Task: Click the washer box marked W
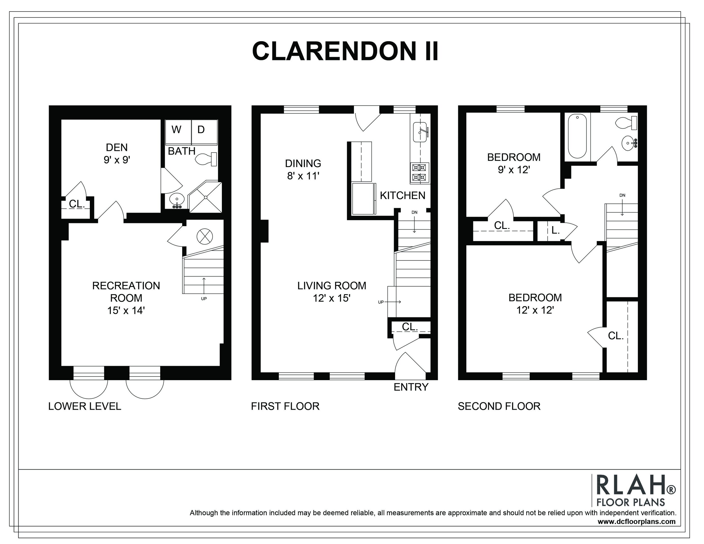[178, 132]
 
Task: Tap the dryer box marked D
[204, 132]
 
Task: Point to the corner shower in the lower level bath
[205, 197]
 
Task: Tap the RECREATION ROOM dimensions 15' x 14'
[126, 310]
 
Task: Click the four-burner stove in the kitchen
[420, 173]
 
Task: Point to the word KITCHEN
[403, 195]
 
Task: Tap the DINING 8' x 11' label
[303, 170]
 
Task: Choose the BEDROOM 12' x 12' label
[535, 304]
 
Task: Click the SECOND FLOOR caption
[499, 406]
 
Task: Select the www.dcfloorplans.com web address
[637, 522]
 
